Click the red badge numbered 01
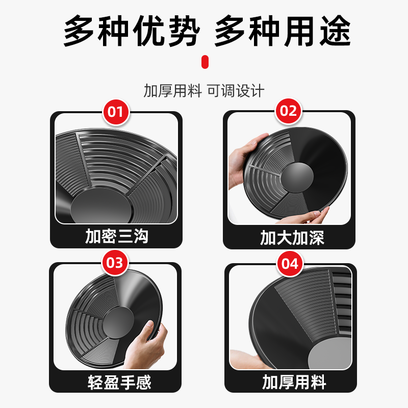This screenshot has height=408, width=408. coord(116,111)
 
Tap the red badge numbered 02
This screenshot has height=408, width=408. coord(289,111)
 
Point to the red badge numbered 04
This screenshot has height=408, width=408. coord(289,264)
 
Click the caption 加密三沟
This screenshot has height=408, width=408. coord(116,237)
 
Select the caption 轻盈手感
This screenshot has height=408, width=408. coord(116,382)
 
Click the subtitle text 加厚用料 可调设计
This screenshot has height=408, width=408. coord(204,91)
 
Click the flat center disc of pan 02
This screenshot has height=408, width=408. coord(299,178)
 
